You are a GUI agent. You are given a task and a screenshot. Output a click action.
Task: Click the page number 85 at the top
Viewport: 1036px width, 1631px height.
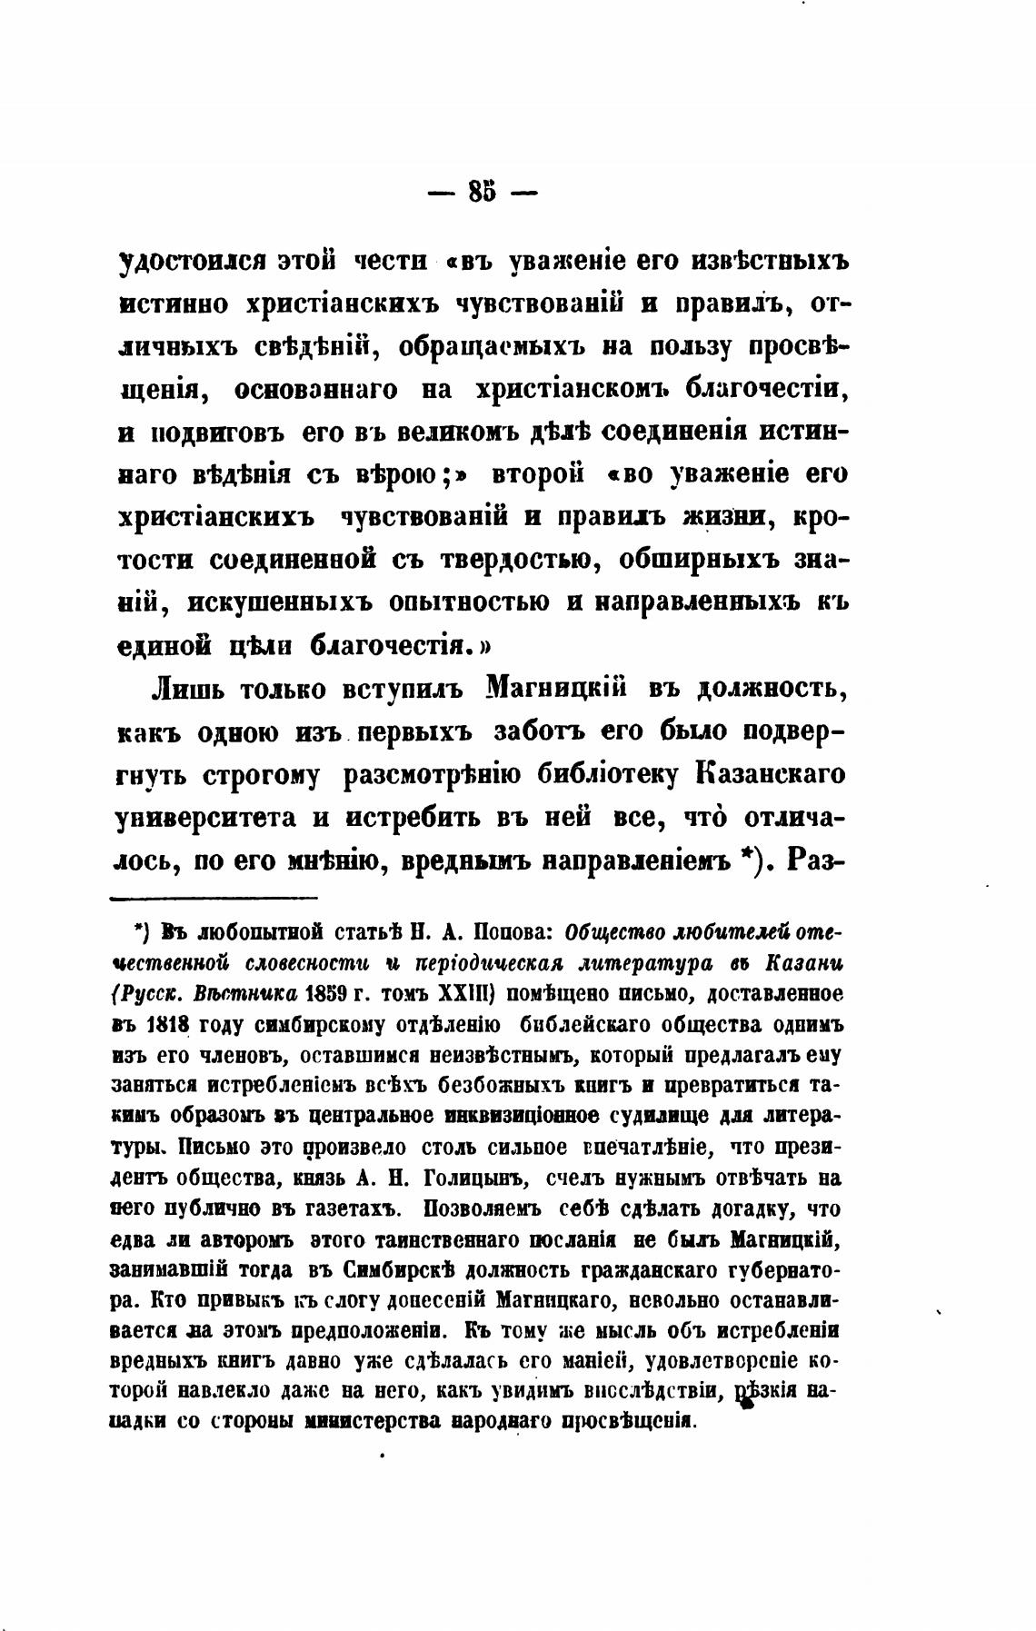click(x=483, y=193)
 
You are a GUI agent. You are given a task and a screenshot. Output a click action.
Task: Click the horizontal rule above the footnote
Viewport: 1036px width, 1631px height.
click(x=214, y=899)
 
